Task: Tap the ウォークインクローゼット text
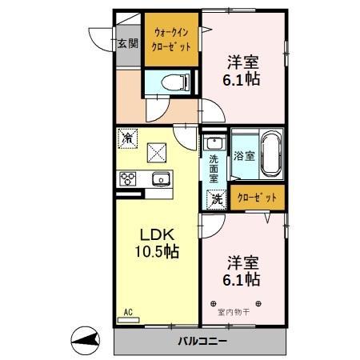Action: point(170,40)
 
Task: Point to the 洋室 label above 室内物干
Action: point(242,261)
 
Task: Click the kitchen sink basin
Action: point(158,178)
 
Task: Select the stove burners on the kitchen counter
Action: point(128,178)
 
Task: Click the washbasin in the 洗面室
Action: point(213,144)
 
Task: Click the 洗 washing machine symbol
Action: point(215,200)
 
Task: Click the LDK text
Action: point(157,235)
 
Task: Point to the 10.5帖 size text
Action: point(157,251)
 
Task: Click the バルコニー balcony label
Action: point(201,342)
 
